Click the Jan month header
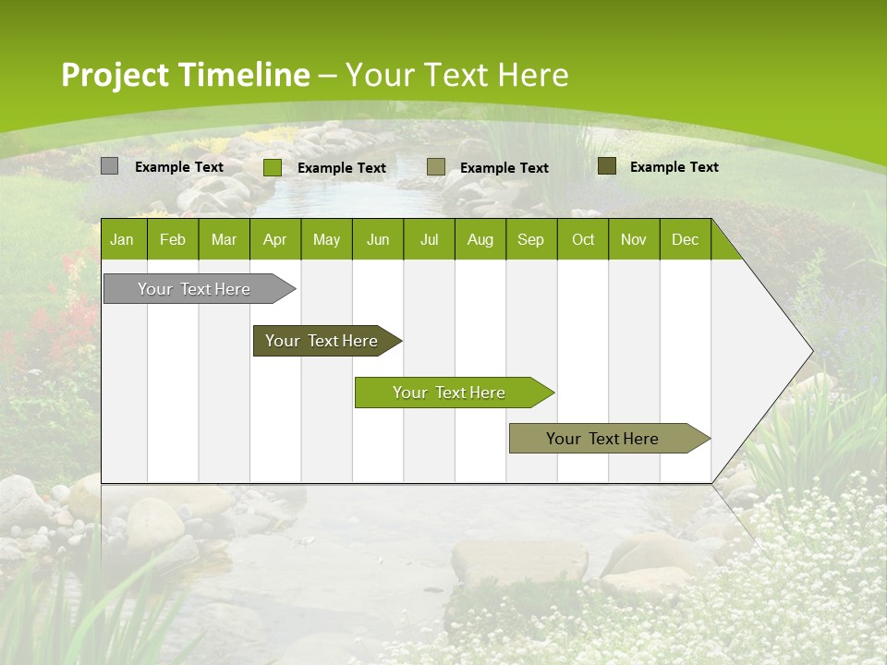(123, 239)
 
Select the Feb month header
(173, 239)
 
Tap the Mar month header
(224, 239)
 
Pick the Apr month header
(275, 239)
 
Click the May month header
(326, 239)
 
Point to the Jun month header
(378, 239)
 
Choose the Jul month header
(429, 239)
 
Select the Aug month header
(480, 239)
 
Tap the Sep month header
(531, 239)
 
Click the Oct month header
(583, 239)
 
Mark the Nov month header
(634, 239)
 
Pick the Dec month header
(686, 239)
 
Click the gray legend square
(110, 166)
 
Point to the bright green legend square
(273, 167)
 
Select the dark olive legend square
(607, 166)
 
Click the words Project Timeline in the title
(186, 75)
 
